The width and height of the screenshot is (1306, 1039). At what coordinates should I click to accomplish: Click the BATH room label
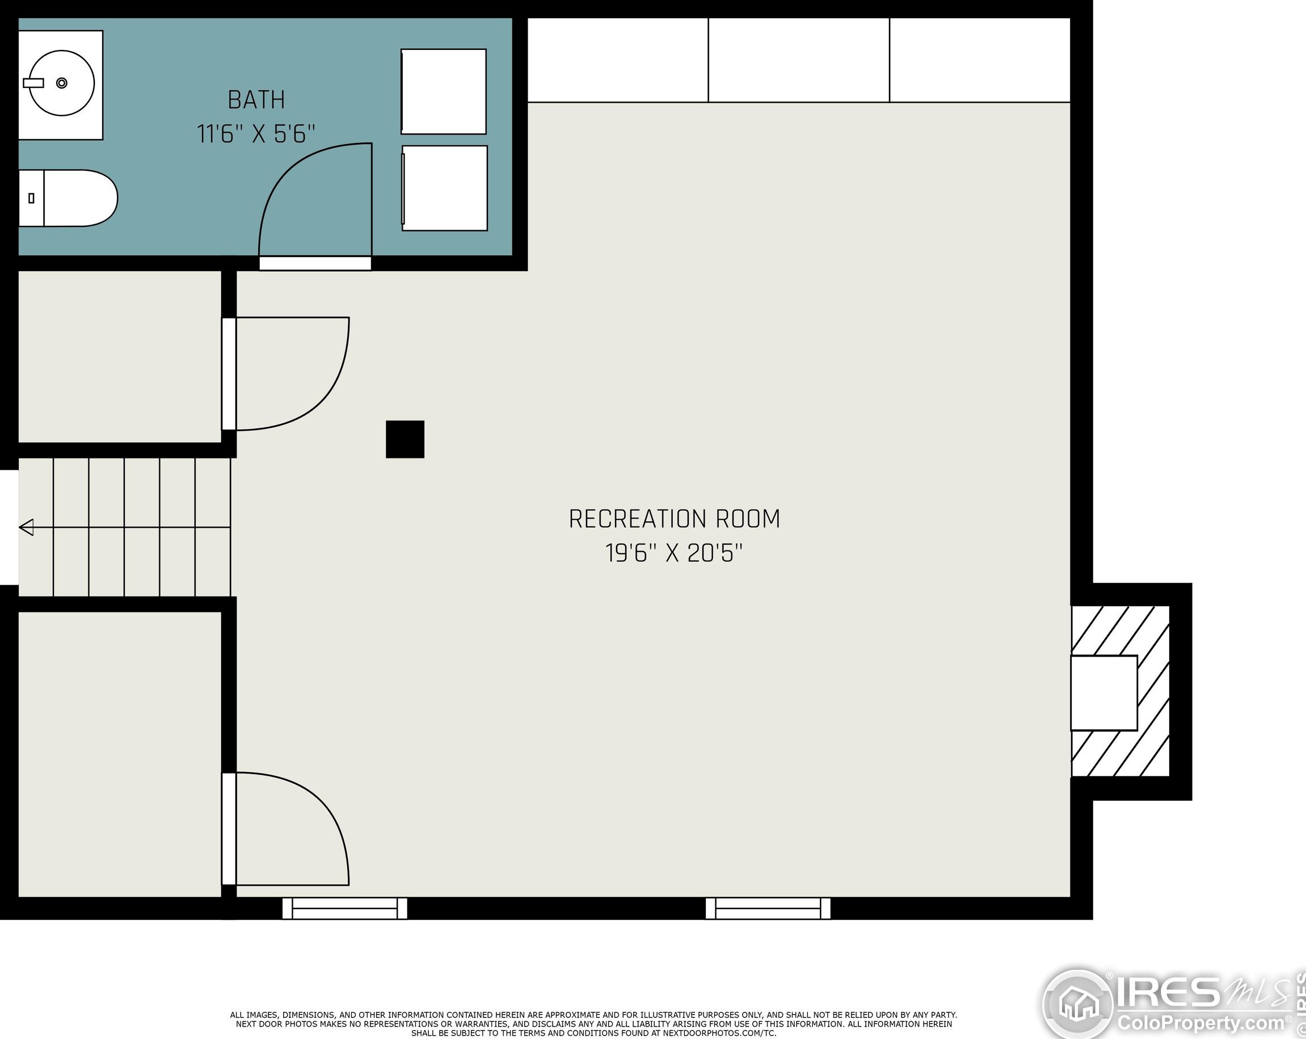point(256,100)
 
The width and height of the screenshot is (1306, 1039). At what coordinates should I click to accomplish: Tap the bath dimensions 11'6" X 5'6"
point(256,134)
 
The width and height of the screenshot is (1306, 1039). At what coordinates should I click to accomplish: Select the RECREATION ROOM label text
point(674,519)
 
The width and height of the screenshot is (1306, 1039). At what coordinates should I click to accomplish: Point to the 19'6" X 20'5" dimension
point(674,553)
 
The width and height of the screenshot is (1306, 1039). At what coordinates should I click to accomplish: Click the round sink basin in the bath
point(62,83)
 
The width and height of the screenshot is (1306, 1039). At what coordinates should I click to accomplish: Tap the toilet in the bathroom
point(68,198)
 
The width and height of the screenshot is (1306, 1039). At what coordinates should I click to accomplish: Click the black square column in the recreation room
point(405,439)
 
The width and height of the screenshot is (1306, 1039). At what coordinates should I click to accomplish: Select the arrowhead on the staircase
point(26,528)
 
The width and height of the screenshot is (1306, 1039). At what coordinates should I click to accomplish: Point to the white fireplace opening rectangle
point(1104,693)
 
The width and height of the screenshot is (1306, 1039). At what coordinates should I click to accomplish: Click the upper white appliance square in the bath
point(444,91)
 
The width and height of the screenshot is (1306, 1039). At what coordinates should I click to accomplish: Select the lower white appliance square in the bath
point(445,188)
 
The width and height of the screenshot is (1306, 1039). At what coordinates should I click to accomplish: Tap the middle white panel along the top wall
point(799,60)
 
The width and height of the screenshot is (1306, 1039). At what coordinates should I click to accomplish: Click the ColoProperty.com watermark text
point(1202,1024)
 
